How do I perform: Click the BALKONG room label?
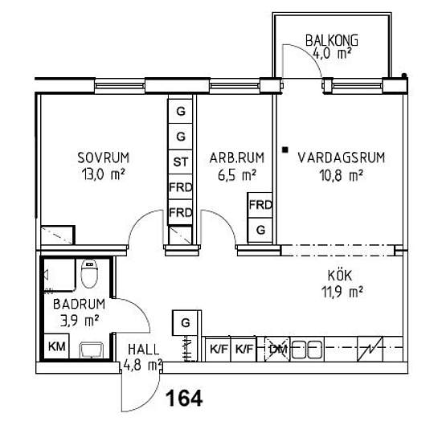click(332, 40)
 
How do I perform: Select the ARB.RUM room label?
click(237, 158)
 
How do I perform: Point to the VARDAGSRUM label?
click(341, 158)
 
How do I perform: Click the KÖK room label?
click(340, 276)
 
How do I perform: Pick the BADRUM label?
click(79, 304)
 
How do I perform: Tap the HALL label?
click(144, 350)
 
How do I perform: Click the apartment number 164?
click(184, 399)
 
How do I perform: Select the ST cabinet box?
click(180, 162)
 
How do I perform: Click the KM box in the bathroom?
click(57, 346)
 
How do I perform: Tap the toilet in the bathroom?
click(89, 274)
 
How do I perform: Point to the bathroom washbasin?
click(91, 350)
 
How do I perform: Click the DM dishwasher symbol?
click(277, 349)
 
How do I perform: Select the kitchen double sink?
click(306, 350)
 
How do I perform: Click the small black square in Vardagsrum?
click(285, 150)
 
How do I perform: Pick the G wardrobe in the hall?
click(186, 323)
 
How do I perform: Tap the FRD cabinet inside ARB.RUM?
click(260, 205)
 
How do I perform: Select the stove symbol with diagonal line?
click(370, 349)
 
